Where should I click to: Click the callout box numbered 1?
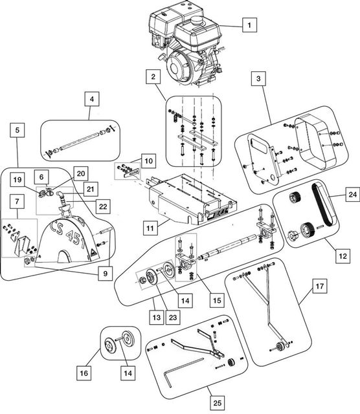pyautogui.click(x=249, y=25)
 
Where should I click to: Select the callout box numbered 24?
pyautogui.click(x=353, y=194)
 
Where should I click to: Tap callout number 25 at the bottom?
pyautogui.click(x=218, y=403)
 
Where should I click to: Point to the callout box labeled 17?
pyautogui.click(x=320, y=286)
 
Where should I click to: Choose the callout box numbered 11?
pyautogui.click(x=150, y=228)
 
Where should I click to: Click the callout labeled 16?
pyautogui.click(x=84, y=373)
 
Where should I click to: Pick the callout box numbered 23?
pyautogui.click(x=173, y=317)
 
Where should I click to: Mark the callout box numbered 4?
pyautogui.click(x=92, y=99)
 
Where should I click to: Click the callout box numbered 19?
pyautogui.click(x=17, y=180)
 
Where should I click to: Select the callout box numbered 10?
pyautogui.click(x=149, y=160)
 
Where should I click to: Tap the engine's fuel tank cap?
pyautogui.click(x=196, y=20)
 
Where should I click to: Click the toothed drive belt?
pyautogui.click(x=323, y=205)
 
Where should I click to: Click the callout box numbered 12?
pyautogui.click(x=343, y=256)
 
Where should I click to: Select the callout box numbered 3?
pyautogui.click(x=258, y=78)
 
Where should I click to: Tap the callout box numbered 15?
pyautogui.click(x=217, y=300)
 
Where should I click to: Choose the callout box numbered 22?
pyautogui.click(x=103, y=206)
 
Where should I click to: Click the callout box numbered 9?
pyautogui.click(x=105, y=273)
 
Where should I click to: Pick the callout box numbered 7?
pyautogui.click(x=17, y=201)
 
